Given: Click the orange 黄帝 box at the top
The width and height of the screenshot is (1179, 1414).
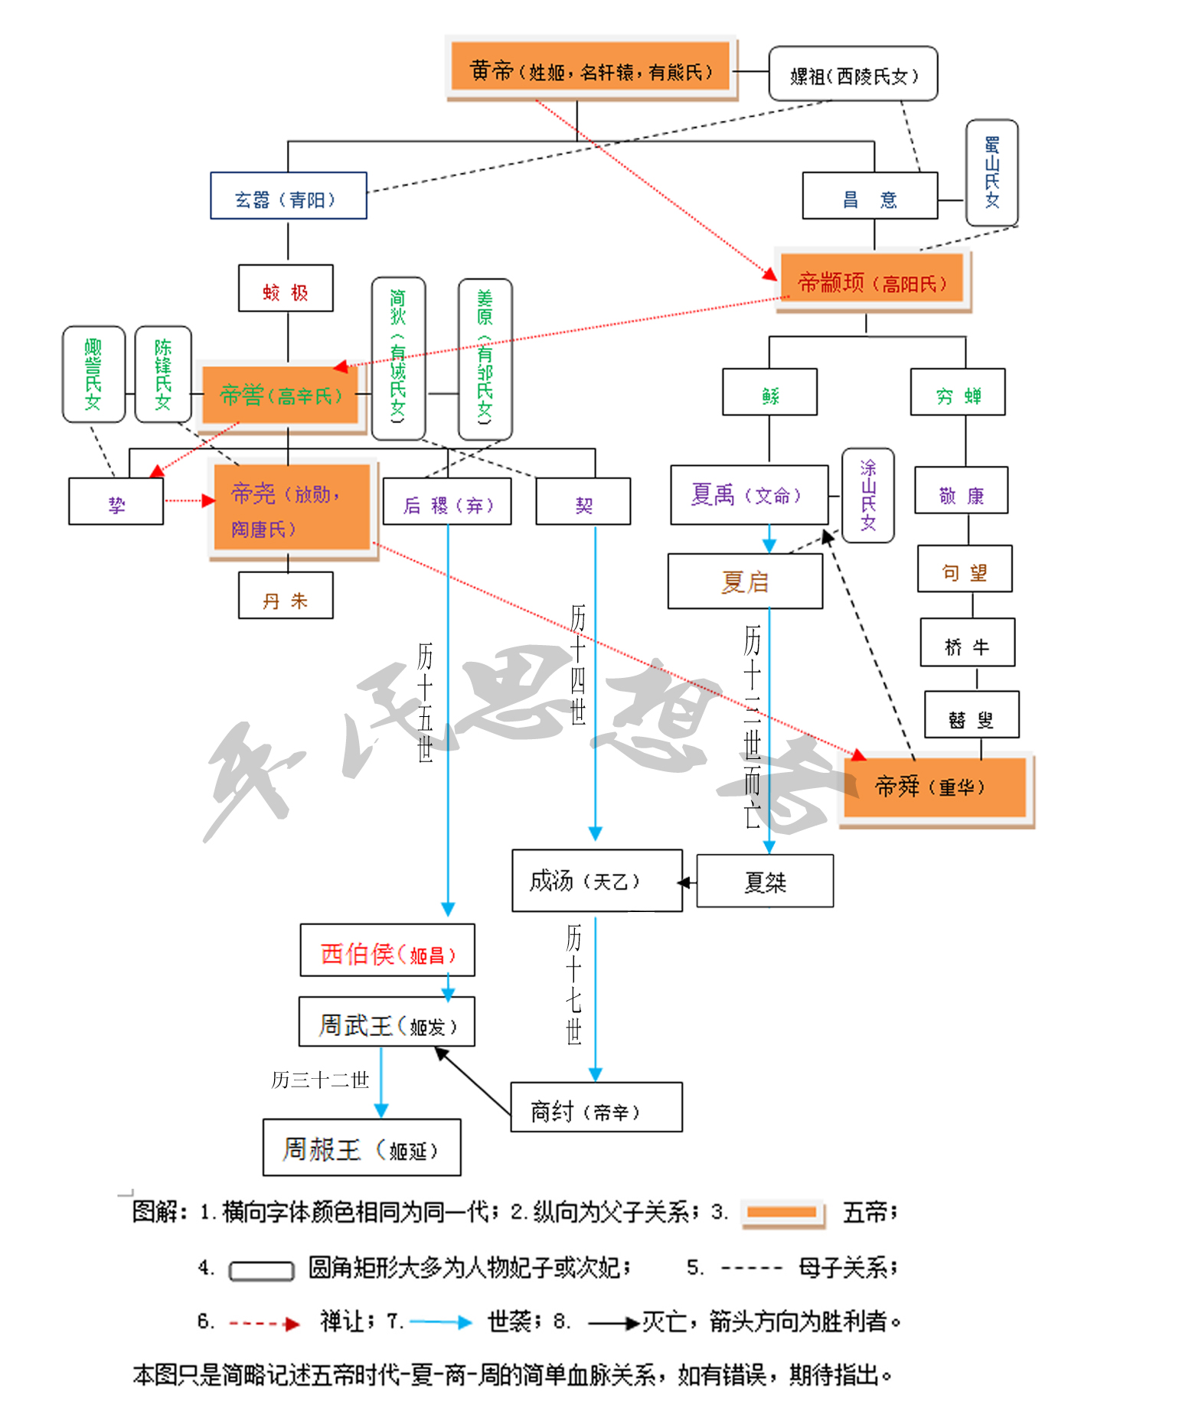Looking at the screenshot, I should (590, 67).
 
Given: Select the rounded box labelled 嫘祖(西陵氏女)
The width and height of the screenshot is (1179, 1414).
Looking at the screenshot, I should (853, 74).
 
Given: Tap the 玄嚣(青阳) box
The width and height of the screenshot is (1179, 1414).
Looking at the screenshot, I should (289, 197).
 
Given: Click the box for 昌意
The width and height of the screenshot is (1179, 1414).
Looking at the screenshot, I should (870, 197).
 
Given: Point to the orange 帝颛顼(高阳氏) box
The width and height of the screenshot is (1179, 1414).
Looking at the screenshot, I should (872, 282).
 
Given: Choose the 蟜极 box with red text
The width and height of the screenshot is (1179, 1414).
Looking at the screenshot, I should (286, 288).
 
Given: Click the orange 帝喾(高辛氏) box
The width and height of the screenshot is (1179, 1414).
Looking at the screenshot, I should (280, 395).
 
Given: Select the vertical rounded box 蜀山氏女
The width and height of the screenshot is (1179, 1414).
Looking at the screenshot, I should (991, 173).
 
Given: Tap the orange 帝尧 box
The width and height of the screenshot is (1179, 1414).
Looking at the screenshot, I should (292, 507).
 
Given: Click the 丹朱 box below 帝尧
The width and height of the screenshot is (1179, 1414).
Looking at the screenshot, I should (286, 596).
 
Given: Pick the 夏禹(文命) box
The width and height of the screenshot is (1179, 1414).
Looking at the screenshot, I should (749, 495).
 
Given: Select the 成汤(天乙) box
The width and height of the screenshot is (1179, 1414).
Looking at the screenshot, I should (596, 881).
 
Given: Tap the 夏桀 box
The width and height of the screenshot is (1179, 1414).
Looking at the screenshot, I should (765, 882).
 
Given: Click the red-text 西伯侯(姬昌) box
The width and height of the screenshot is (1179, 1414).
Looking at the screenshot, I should (387, 951).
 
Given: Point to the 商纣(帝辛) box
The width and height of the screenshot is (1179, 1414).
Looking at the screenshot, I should (596, 1108).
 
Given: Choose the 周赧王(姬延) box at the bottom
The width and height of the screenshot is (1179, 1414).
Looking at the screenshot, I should (361, 1148).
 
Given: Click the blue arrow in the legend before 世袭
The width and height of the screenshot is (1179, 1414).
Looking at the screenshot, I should (440, 1322).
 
